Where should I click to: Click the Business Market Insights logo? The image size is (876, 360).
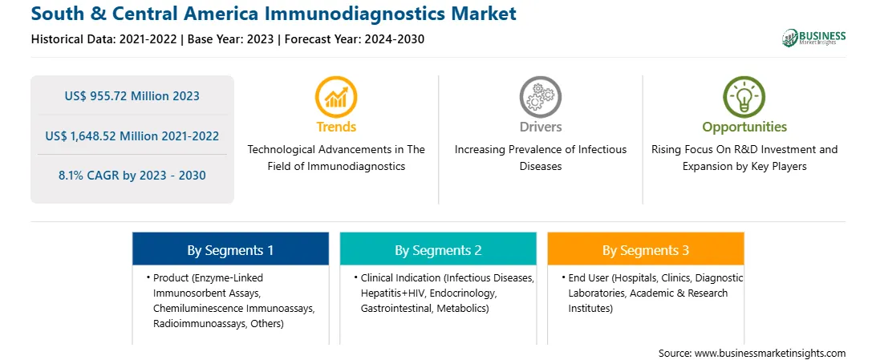tap(813, 38)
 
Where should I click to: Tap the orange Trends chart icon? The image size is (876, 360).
tap(336, 97)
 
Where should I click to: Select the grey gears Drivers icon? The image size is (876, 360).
tap(540, 97)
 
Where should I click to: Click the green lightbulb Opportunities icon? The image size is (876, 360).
tap(744, 97)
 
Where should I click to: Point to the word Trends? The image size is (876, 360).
tap(336, 127)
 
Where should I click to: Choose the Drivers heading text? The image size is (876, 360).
tap(540, 127)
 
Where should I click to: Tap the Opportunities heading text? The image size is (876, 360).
tap(744, 127)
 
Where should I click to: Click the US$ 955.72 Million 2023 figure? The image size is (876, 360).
tap(132, 96)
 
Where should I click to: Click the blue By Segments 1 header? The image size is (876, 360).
tap(230, 249)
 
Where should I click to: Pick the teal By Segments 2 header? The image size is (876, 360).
tap(438, 249)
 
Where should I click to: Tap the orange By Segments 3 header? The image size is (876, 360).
tap(645, 249)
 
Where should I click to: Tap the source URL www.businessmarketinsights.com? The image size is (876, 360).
tap(770, 354)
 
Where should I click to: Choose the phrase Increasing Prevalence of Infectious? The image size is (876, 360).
tap(540, 150)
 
